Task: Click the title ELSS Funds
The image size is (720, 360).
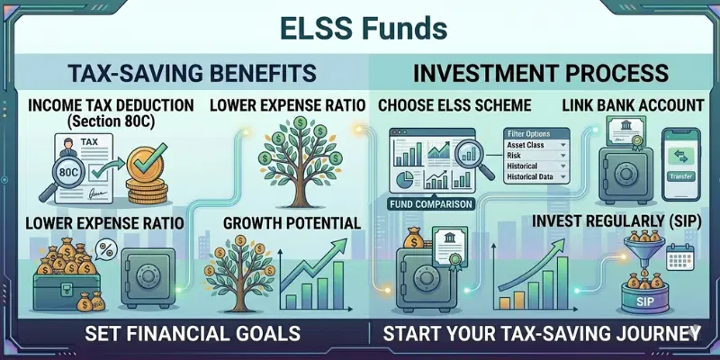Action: [360, 27]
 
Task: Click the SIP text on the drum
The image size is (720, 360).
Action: [633, 300]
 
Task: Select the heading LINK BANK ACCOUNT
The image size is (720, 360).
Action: [633, 105]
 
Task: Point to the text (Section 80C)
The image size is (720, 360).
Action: [111, 122]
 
